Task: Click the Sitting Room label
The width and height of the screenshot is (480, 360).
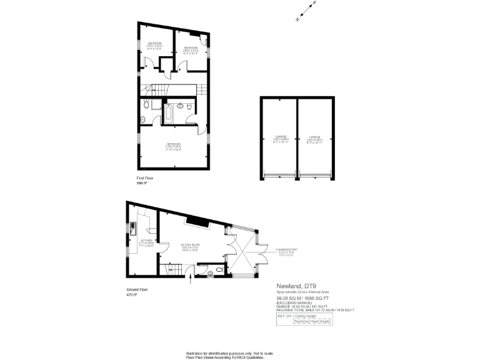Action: point(189,247)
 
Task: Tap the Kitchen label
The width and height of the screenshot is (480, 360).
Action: point(147,242)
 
